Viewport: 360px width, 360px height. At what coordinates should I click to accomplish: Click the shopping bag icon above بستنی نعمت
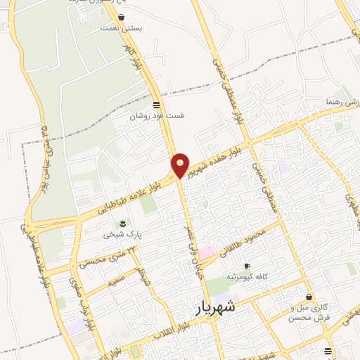click(122, 18)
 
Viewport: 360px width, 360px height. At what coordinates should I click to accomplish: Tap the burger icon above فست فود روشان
click(156, 105)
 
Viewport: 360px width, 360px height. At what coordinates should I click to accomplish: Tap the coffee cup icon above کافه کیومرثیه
click(246, 266)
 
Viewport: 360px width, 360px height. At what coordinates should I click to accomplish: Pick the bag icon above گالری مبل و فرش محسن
click(309, 297)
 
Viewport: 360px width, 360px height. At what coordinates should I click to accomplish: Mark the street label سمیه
click(116, 282)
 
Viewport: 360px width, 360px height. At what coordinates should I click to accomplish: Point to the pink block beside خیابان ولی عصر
click(207, 252)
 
